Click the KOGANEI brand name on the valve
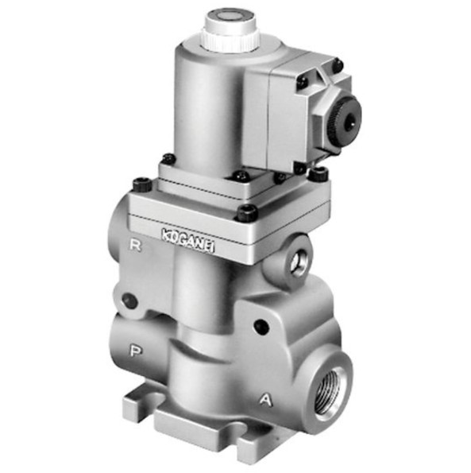(x=188, y=239)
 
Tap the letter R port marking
(x=135, y=246)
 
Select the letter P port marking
(x=136, y=351)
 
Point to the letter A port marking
(x=266, y=400)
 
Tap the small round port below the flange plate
(x=298, y=259)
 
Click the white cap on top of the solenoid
(x=231, y=29)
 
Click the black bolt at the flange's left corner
(x=141, y=184)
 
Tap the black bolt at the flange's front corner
(x=247, y=212)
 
